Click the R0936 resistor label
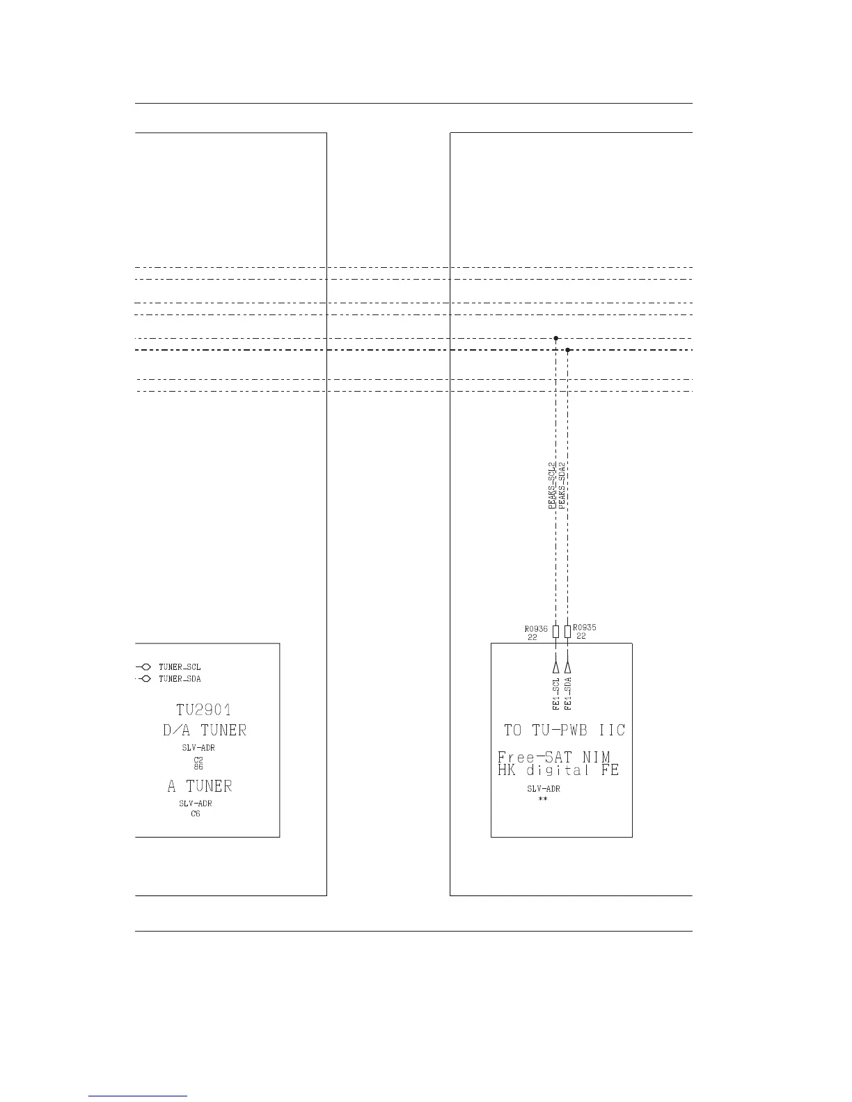click(536, 628)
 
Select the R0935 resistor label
click(585, 627)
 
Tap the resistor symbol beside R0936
click(555, 632)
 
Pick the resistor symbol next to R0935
click(568, 632)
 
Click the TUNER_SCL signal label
click(180, 667)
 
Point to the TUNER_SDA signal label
click(180, 679)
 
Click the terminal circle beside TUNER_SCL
click(146, 667)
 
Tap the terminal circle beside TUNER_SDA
click(146, 679)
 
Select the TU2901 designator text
click(203, 710)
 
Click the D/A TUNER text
click(203, 730)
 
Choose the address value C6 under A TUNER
click(196, 813)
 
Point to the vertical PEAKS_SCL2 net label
click(552, 486)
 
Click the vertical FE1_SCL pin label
click(556, 694)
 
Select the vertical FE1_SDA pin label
click(568, 694)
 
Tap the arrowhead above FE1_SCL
click(555, 658)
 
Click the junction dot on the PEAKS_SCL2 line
click(555, 338)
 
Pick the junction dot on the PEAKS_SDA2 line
click(568, 350)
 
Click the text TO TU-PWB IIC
click(565, 730)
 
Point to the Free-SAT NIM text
click(554, 757)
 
